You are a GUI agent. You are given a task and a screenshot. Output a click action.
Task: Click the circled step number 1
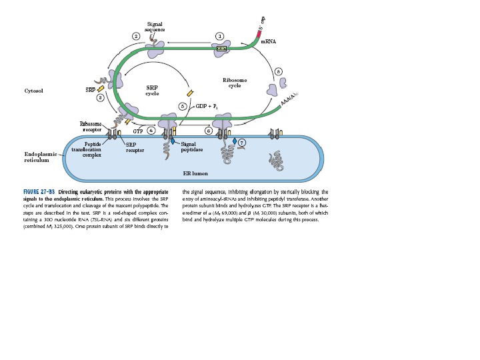click(x=219, y=35)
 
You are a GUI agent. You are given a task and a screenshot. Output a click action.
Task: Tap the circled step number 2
click(x=136, y=35)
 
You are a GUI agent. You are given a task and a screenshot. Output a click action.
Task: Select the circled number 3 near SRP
click(x=100, y=98)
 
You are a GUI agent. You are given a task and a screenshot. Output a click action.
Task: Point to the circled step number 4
click(x=151, y=131)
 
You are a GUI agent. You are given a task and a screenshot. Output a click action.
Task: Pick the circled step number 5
click(x=183, y=106)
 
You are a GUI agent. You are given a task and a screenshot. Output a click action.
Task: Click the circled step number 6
click(x=209, y=131)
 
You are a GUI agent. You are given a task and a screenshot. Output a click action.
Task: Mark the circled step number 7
click(x=242, y=142)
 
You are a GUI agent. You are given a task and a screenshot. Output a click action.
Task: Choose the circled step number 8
click(x=278, y=71)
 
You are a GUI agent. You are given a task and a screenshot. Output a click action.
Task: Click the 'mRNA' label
click(x=268, y=41)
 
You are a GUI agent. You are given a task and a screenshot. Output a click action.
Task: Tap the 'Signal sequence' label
click(x=155, y=27)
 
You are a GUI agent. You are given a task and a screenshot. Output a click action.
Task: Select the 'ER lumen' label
click(x=195, y=173)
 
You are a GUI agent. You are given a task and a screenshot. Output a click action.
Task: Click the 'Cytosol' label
click(x=33, y=90)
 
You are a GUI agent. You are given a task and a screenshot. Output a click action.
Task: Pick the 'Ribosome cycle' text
click(x=235, y=83)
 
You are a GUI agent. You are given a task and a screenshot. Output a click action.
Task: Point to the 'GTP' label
click(x=138, y=131)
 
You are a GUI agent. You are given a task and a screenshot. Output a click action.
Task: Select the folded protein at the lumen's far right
click(x=276, y=159)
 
